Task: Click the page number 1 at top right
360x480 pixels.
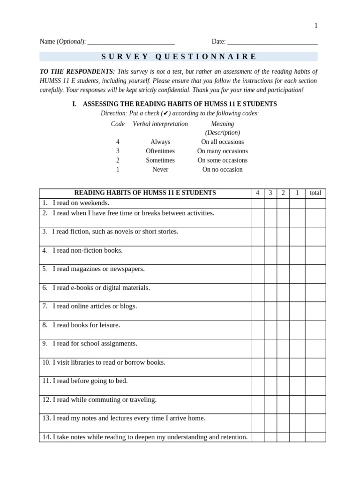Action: pos(315,26)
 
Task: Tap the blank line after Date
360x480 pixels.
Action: pos(272,42)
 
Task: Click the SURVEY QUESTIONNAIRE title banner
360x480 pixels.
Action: pos(179,57)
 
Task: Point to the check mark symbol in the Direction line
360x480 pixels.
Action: pos(165,113)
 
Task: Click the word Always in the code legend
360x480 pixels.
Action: pos(160,142)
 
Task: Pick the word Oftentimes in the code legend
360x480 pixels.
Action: pos(160,151)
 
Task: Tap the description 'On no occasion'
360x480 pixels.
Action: pos(222,170)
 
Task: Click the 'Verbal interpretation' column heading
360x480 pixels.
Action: pos(160,124)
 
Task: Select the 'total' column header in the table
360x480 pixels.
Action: pos(315,193)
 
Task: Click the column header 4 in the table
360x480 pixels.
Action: pos(257,193)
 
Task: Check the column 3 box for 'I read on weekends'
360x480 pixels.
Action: pos(270,203)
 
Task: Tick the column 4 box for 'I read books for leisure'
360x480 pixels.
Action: pos(257,330)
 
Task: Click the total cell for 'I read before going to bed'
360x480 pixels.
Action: pos(315,386)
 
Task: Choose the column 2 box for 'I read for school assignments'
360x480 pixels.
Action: pos(283,348)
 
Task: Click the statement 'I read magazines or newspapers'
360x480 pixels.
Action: pos(98,269)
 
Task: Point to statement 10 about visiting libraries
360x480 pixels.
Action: pos(104,362)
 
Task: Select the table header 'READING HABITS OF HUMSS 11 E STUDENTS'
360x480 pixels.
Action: pos(145,193)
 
